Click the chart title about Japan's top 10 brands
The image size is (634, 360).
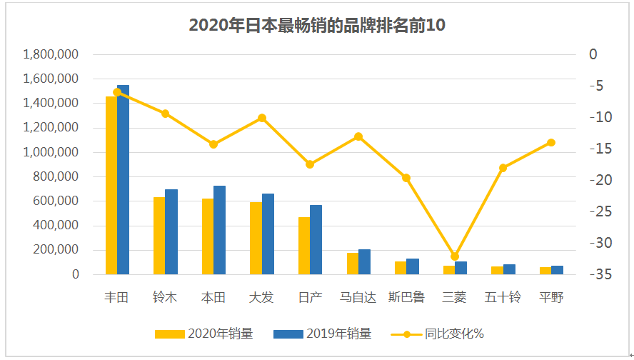[x=317, y=25]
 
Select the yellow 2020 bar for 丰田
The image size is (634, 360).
[x=111, y=186]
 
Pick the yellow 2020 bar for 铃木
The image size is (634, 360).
[x=159, y=236]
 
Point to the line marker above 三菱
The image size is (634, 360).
[x=455, y=256]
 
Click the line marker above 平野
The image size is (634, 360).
[x=551, y=142]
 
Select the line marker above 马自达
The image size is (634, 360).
[x=358, y=136]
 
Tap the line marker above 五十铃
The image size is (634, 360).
[x=503, y=168]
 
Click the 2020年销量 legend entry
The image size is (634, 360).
[x=203, y=334]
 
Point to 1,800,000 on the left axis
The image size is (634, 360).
[x=51, y=54]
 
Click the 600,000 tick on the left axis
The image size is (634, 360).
[x=56, y=201]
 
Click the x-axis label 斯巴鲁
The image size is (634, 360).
[x=406, y=297]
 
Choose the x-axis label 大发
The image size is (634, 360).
[x=261, y=297]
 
